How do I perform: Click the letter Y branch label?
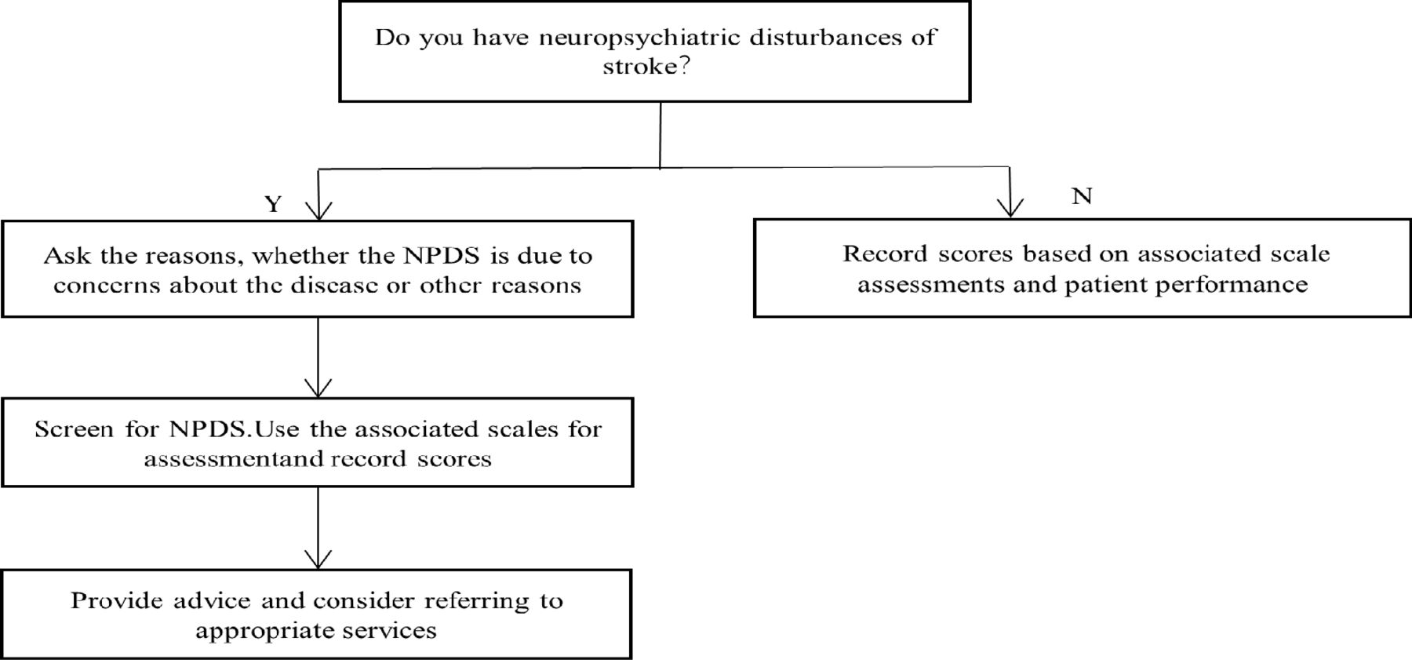[273, 204]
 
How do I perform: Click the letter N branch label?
[1082, 196]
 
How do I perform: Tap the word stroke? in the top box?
[646, 67]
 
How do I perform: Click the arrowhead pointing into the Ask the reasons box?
[318, 210]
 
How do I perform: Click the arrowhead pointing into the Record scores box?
[1010, 206]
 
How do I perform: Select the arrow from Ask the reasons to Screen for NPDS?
[318, 357]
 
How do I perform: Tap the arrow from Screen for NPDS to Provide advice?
[318, 527]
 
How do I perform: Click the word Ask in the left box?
[64, 256]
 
